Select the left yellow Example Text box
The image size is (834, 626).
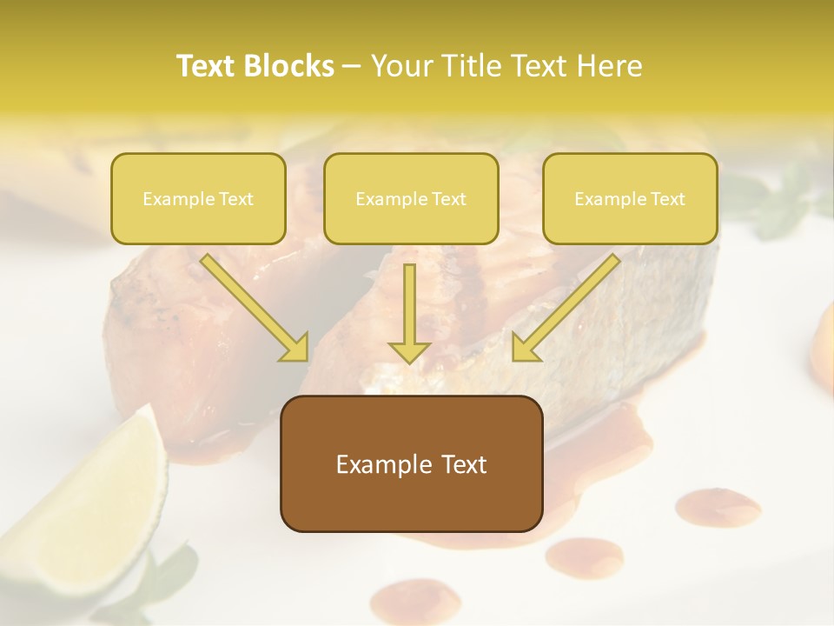[x=198, y=199]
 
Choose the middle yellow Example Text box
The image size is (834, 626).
[x=411, y=199]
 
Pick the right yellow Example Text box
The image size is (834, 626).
[x=630, y=199]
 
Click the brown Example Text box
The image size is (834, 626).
[x=411, y=463]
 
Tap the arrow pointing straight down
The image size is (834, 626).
[x=409, y=313]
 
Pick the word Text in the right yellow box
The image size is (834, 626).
[x=666, y=199]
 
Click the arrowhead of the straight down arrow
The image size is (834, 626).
[x=409, y=350]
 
